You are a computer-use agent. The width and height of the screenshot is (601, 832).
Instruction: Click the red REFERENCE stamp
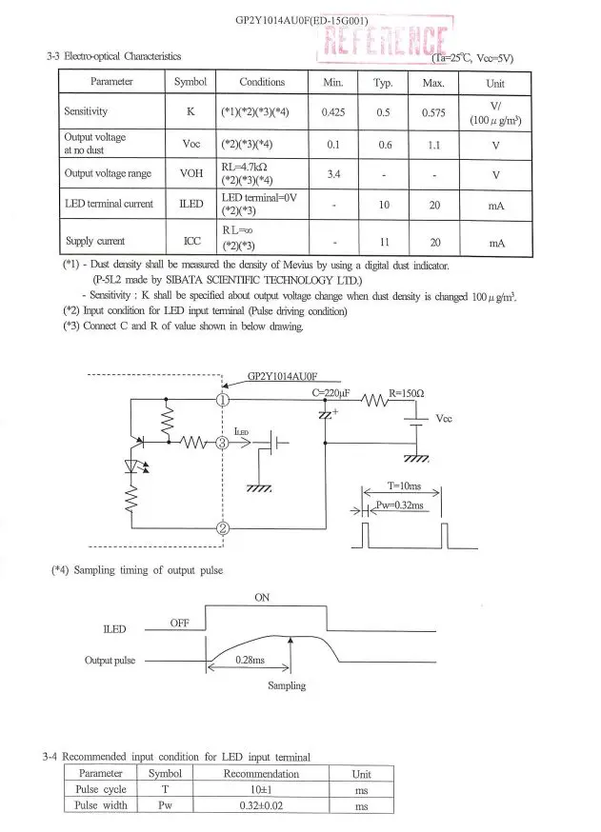(385, 39)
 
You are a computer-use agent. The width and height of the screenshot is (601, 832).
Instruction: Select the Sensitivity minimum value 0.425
(333, 112)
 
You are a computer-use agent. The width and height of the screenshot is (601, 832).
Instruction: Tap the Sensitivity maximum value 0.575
(433, 112)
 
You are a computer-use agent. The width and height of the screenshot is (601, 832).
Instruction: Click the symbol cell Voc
(191, 144)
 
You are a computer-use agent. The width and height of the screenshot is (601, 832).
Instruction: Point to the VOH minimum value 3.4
(333, 174)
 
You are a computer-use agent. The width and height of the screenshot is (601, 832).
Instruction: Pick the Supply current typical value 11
(385, 242)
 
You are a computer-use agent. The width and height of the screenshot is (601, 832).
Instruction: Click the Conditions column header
(262, 82)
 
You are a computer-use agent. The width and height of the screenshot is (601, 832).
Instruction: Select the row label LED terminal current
(109, 204)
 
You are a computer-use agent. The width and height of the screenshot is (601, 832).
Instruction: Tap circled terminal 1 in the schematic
(223, 400)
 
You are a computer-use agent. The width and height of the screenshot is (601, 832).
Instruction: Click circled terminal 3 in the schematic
(222, 443)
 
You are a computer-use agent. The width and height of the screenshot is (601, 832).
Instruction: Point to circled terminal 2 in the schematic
(223, 528)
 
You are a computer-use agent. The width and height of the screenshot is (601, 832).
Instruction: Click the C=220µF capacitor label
(331, 393)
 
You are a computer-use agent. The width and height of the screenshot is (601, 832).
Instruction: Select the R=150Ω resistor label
(406, 393)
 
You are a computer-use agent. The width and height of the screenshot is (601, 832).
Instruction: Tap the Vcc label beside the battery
(444, 419)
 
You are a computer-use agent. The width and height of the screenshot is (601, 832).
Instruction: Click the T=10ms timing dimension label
(404, 486)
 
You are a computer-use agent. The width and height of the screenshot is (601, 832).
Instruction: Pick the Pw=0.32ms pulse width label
(400, 505)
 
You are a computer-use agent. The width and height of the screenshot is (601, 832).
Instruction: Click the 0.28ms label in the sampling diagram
(250, 660)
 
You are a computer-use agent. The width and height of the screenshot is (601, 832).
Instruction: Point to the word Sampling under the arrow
(287, 685)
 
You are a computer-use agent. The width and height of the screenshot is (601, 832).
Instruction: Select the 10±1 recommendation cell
(261, 790)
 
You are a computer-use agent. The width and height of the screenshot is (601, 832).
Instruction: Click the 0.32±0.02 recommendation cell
(261, 806)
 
